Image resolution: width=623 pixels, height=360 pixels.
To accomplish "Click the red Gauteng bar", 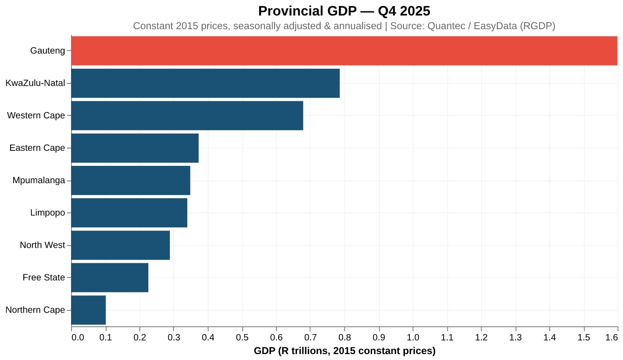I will [x=344, y=51].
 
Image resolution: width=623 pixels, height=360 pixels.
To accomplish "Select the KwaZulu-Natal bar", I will [x=205, y=83].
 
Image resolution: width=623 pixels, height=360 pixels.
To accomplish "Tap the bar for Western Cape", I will [x=187, y=115].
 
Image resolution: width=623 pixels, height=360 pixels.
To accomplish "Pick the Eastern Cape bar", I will [x=135, y=148].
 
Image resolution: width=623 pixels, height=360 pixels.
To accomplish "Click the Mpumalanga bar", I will [x=131, y=180].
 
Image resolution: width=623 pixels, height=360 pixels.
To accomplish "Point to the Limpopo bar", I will [x=129, y=213].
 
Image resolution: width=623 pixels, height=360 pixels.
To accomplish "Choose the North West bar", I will [x=121, y=245].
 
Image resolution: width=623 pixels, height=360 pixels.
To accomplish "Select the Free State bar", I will [x=110, y=278].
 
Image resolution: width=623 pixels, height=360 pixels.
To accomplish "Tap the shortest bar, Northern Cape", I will [x=89, y=310].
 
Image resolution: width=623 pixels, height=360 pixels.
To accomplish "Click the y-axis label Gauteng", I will [x=48, y=51].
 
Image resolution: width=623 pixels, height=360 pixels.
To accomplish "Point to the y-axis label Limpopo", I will [x=47, y=213].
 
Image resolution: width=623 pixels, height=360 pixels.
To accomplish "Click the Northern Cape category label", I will [x=35, y=310].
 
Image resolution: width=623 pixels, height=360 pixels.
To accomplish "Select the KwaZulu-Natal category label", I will [x=35, y=83].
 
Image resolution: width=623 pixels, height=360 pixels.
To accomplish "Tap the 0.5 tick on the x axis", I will [x=242, y=338].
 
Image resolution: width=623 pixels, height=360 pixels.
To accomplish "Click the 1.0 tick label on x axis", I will [x=413, y=338].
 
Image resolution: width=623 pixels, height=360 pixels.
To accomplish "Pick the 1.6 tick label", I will [x=612, y=338].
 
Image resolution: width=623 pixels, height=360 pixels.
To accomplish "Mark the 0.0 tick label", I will [x=77, y=338].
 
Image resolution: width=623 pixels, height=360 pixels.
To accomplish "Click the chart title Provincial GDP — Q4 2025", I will [x=344, y=10].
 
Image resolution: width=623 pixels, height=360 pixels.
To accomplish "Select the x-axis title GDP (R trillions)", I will [x=344, y=351].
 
